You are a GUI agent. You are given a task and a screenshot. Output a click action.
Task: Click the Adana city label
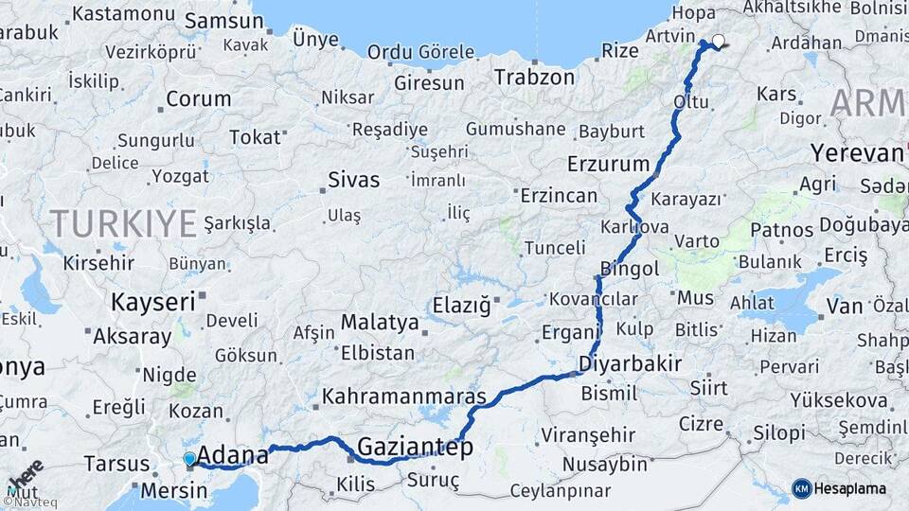[232, 455]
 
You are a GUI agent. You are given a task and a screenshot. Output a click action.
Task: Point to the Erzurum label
[608, 164]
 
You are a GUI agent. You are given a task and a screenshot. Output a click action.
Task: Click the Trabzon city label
[534, 77]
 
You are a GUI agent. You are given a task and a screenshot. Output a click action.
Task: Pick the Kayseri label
[152, 303]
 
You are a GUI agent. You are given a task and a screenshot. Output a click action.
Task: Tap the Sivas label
[353, 180]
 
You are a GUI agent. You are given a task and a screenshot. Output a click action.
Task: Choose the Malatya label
[380, 322]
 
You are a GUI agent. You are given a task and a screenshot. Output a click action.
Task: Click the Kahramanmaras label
[404, 396]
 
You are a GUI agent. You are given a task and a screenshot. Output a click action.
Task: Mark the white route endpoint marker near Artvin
[719, 41]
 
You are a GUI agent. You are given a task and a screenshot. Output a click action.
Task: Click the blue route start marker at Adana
[189, 460]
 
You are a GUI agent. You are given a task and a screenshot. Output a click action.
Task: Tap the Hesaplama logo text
[851, 488]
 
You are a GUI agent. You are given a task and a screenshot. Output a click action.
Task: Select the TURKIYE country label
[123, 223]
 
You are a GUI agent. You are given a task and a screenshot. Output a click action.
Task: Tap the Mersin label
[173, 491]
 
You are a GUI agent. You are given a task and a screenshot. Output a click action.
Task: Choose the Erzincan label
[559, 196]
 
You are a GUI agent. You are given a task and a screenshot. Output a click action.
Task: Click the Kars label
[776, 95]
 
